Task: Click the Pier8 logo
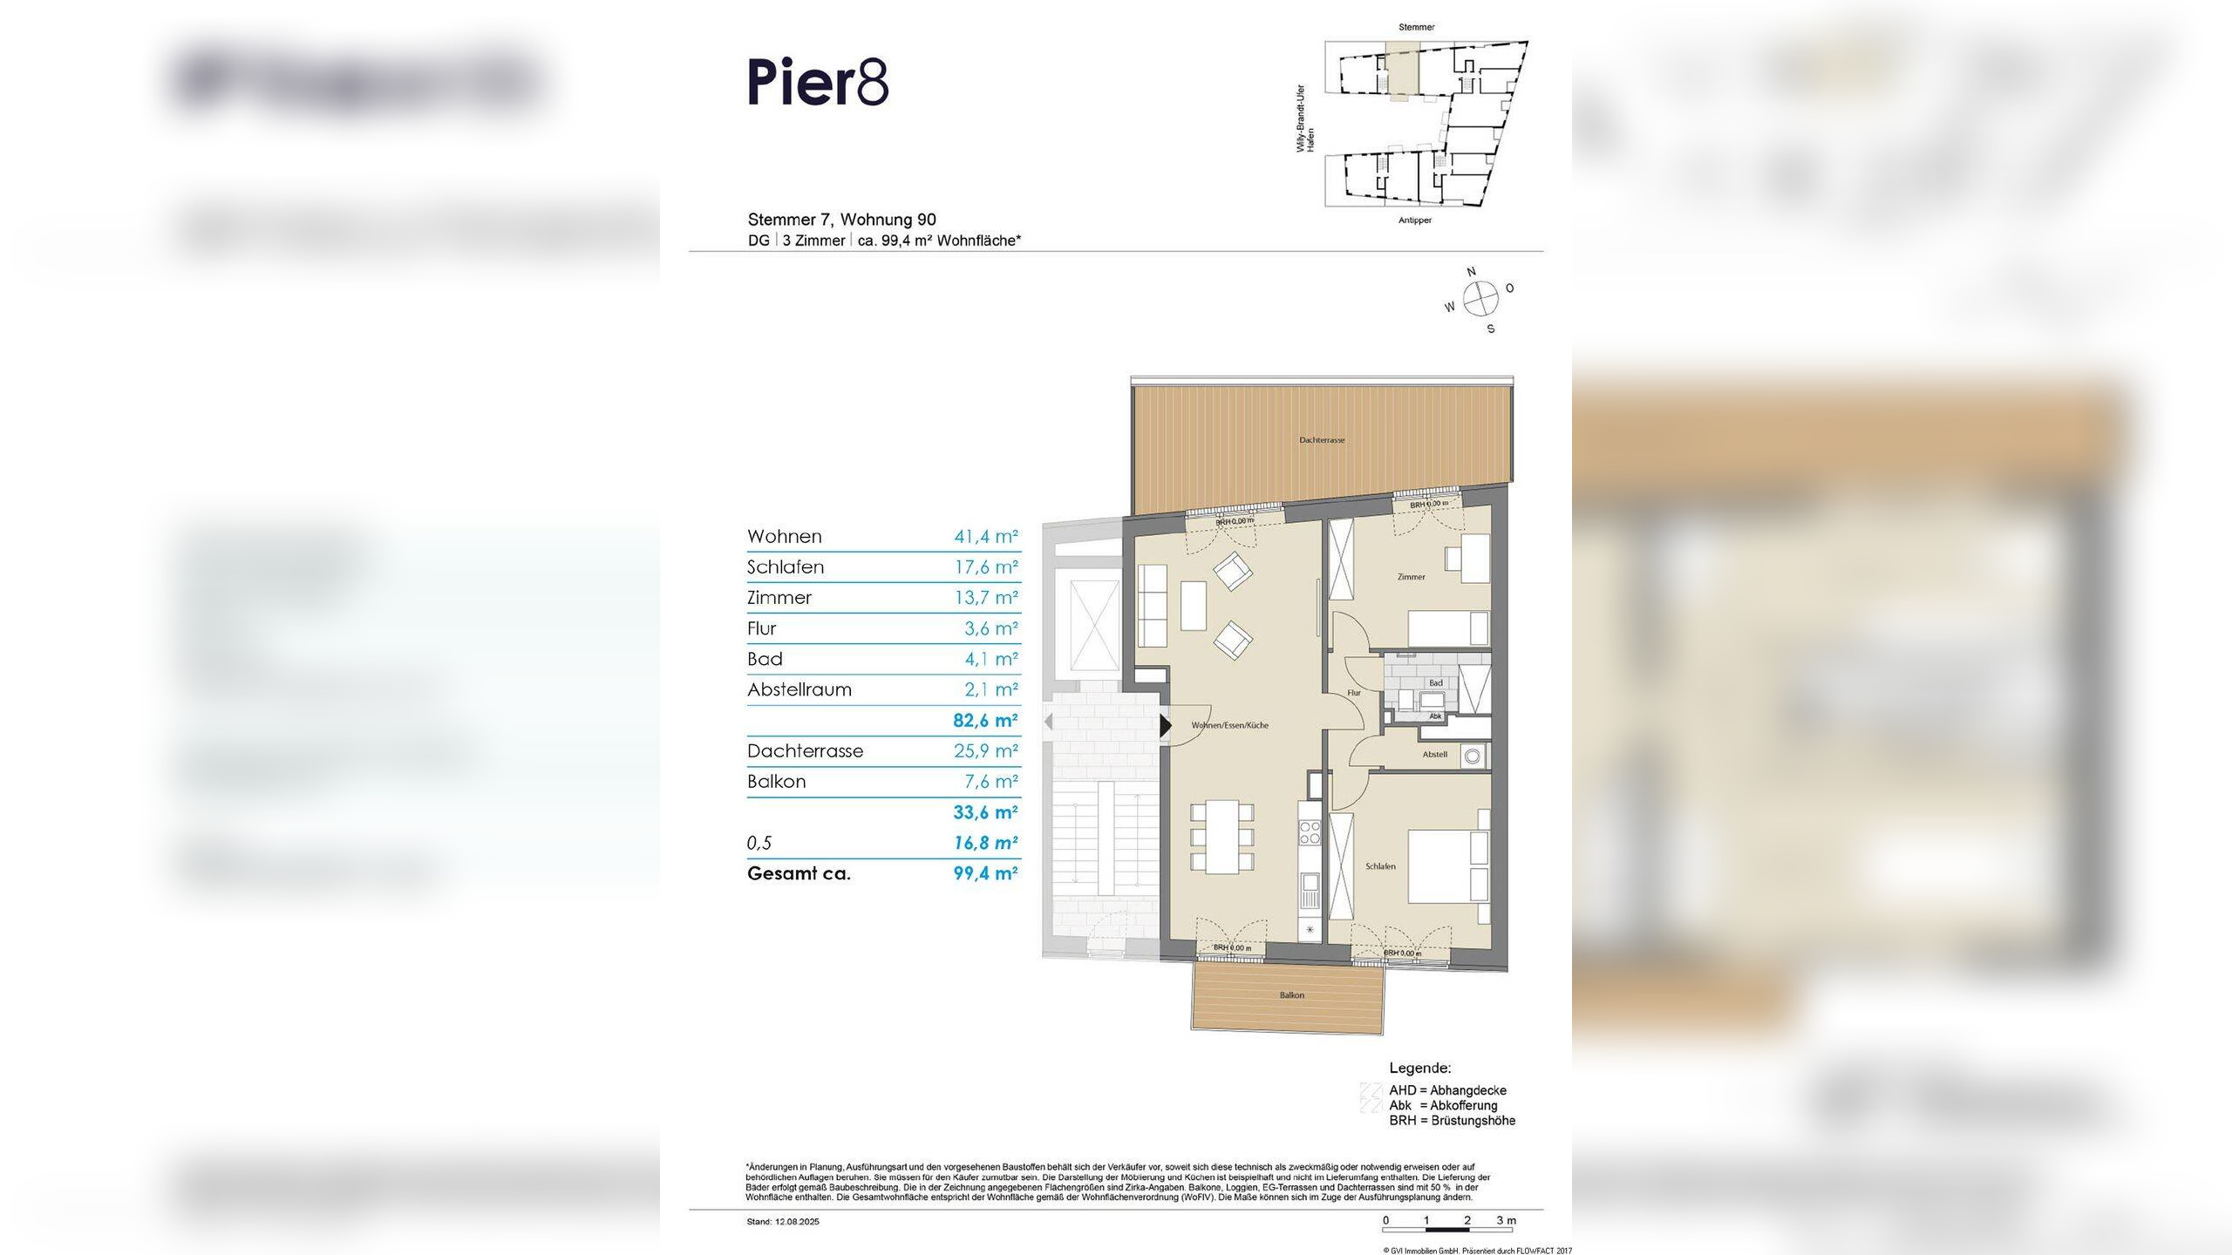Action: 818,83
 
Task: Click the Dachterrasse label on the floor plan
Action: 1322,440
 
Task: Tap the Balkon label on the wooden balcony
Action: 1292,995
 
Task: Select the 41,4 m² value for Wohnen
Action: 985,537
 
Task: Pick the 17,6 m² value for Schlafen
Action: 985,567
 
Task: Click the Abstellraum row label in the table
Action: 799,689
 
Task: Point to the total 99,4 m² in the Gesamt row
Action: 985,873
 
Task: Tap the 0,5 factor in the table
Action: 759,843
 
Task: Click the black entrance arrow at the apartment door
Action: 1165,725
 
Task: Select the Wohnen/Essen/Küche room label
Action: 1230,725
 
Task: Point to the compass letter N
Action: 1472,272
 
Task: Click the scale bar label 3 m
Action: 1507,1220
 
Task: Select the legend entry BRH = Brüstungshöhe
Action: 1452,1121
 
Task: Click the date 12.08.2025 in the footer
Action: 797,1222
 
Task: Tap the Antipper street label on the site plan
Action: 1415,220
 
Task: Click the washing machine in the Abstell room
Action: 1473,756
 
